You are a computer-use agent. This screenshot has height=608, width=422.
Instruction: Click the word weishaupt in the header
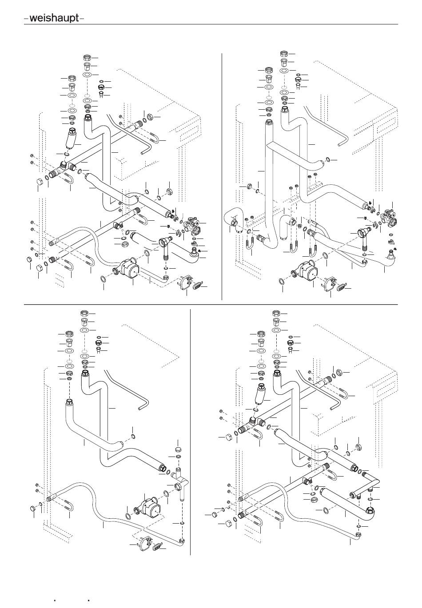54,18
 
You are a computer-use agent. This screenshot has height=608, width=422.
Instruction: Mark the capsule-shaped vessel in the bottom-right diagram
259,395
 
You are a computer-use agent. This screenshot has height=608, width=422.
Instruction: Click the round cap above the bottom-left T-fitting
179,448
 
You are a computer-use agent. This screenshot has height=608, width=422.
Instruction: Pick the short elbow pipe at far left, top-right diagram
233,218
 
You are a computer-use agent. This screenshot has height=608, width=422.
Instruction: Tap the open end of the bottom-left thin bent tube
139,409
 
